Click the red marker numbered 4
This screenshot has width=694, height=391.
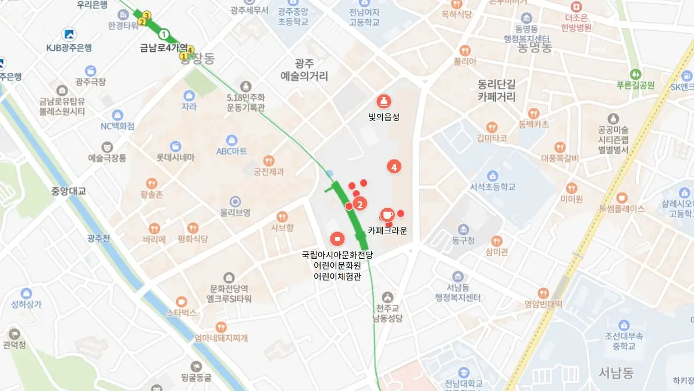tap(394, 167)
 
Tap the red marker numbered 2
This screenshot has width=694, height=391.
tap(360, 204)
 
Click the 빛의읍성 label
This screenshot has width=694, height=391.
tap(384, 117)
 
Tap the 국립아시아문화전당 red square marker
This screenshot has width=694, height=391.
tap(337, 238)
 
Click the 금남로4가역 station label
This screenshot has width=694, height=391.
tap(165, 47)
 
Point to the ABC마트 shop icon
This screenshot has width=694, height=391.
tap(232, 140)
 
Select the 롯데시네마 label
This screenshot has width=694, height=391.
tap(175, 158)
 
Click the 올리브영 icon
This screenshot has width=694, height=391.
tap(235, 201)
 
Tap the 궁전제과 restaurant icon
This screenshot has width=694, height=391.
tap(269, 160)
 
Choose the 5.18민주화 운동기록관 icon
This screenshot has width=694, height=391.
tap(245, 86)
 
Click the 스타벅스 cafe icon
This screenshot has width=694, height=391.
tap(181, 301)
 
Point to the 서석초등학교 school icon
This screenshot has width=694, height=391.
tap(493, 176)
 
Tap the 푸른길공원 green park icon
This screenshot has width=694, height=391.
tap(635, 74)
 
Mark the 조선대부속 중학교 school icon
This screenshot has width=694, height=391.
tap(624, 325)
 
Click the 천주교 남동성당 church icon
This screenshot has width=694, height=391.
tap(387, 297)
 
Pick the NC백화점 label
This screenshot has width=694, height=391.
tap(118, 126)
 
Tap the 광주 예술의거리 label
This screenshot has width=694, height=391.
tap(304, 70)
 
